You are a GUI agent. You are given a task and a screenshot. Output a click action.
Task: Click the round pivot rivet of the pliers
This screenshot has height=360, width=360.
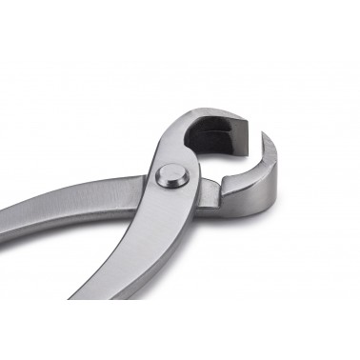(x=171, y=175)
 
